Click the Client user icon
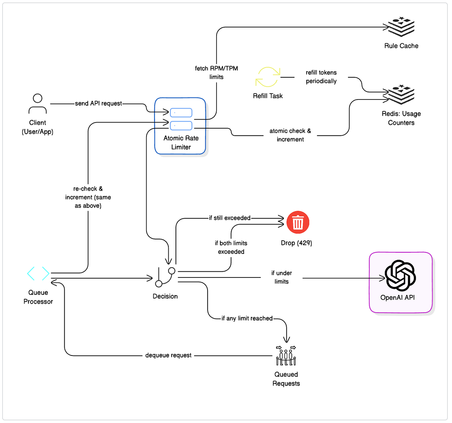[38, 104]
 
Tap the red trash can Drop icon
[298, 222]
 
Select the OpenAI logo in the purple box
[400, 275]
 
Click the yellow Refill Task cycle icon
[268, 77]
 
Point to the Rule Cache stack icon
[401, 27]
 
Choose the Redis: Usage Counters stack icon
[401, 95]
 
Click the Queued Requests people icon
[286, 356]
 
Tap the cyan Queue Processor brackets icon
[38, 273]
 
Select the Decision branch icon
[165, 277]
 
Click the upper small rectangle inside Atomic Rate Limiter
[181, 112]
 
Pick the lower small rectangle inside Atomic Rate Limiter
[181, 126]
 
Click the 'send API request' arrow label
[98, 103]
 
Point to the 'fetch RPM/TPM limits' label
[217, 72]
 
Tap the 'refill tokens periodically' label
[321, 77]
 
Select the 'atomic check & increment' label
[290, 135]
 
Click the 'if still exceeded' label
[230, 218]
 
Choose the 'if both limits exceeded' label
[231, 247]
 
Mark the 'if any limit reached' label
[247, 318]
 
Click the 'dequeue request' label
[168, 355]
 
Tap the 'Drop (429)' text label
[296, 243]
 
